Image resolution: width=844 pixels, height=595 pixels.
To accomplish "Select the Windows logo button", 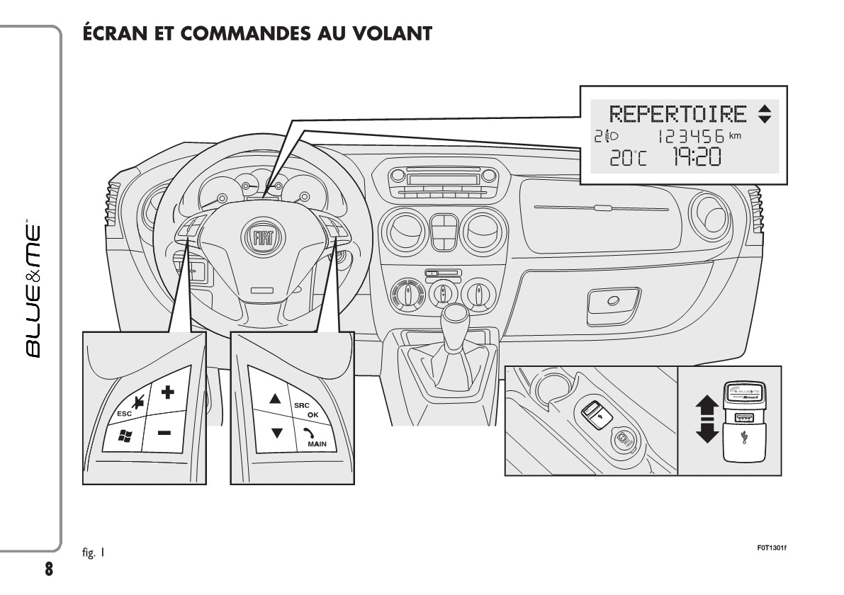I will pos(125,436).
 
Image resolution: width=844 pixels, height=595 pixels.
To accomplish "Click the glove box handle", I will pos(612,300).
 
